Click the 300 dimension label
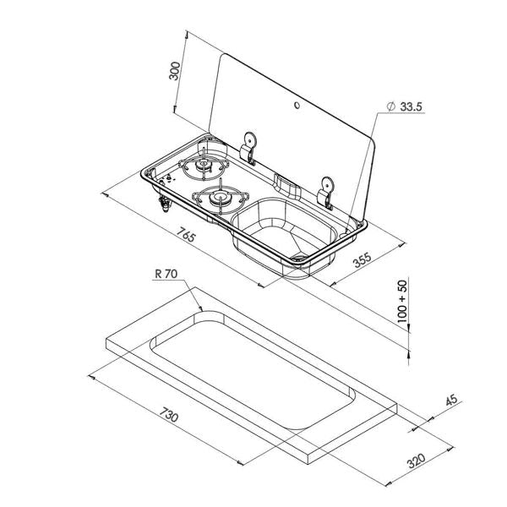click(175, 71)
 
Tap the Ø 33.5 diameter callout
click(405, 106)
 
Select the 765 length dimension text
click(186, 234)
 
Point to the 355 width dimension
click(362, 259)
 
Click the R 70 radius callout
click(166, 274)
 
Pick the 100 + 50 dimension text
click(402, 301)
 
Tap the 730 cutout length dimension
click(168, 414)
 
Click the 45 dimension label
click(451, 400)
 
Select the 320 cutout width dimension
click(416, 461)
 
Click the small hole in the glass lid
click(297, 105)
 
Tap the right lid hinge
click(326, 192)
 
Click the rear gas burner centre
click(203, 164)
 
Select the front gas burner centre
click(221, 196)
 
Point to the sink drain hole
click(299, 258)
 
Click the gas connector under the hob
click(165, 204)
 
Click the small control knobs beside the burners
click(169, 177)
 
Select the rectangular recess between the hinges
click(287, 185)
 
